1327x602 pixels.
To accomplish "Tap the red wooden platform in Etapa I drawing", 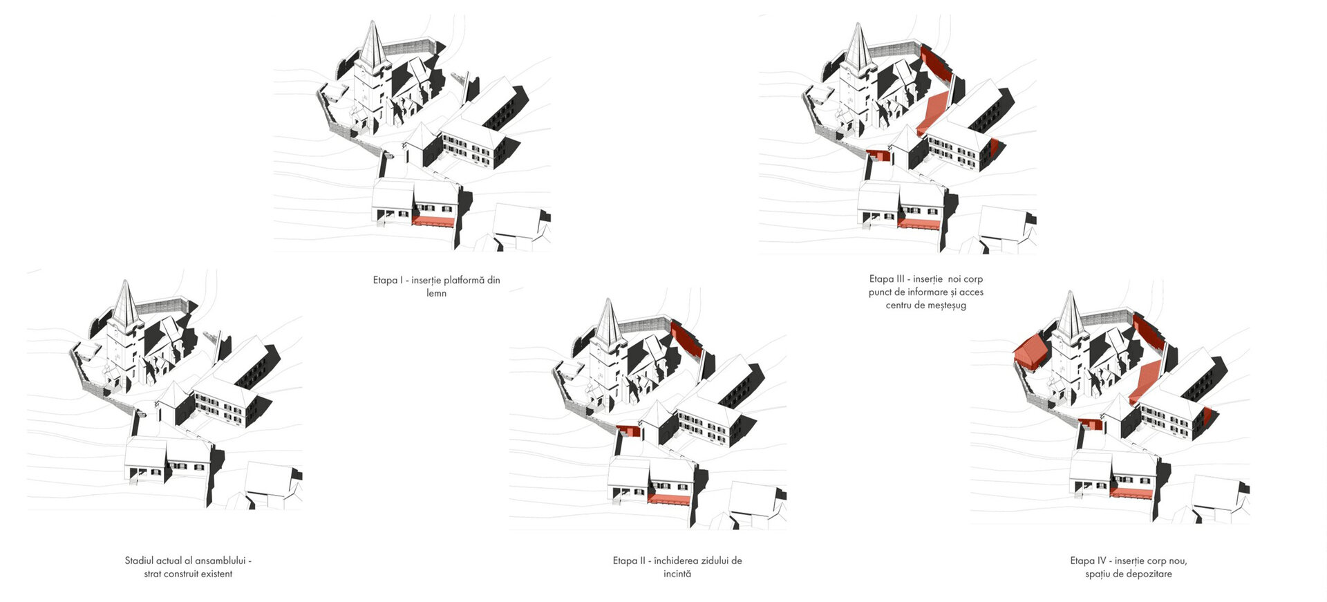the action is click(x=433, y=221).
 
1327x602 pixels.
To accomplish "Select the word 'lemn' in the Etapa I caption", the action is click(x=436, y=293).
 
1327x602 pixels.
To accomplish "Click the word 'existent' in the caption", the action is click(x=216, y=574).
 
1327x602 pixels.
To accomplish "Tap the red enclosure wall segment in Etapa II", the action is click(x=686, y=338).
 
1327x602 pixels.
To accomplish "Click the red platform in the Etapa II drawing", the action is click(x=669, y=499).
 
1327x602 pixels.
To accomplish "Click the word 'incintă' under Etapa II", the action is click(x=677, y=574).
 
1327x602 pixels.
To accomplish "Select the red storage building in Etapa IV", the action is click(x=1030, y=352).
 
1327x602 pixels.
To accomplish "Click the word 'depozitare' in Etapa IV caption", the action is click(x=1150, y=574).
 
